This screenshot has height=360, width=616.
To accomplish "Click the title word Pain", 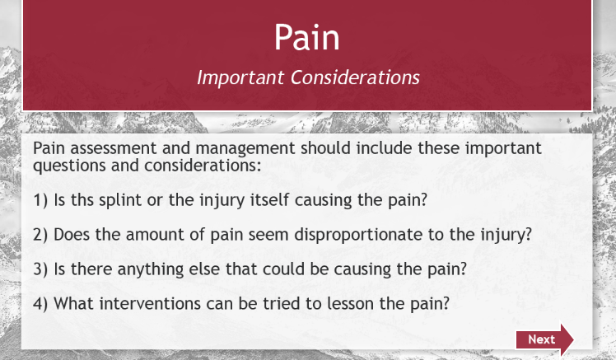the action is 307,37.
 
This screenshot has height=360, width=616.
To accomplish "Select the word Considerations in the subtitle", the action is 355,77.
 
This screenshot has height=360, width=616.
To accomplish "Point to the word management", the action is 245,149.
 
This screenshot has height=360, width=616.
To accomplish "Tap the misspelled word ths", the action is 82,199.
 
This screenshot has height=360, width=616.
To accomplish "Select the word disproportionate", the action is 358,235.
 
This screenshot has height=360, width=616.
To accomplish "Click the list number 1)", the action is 40,200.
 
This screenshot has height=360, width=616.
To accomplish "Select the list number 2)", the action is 40,235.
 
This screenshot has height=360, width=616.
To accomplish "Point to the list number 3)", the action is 40,269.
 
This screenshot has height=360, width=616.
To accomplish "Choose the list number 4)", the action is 40,304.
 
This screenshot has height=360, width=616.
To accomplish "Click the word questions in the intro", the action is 69,166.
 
